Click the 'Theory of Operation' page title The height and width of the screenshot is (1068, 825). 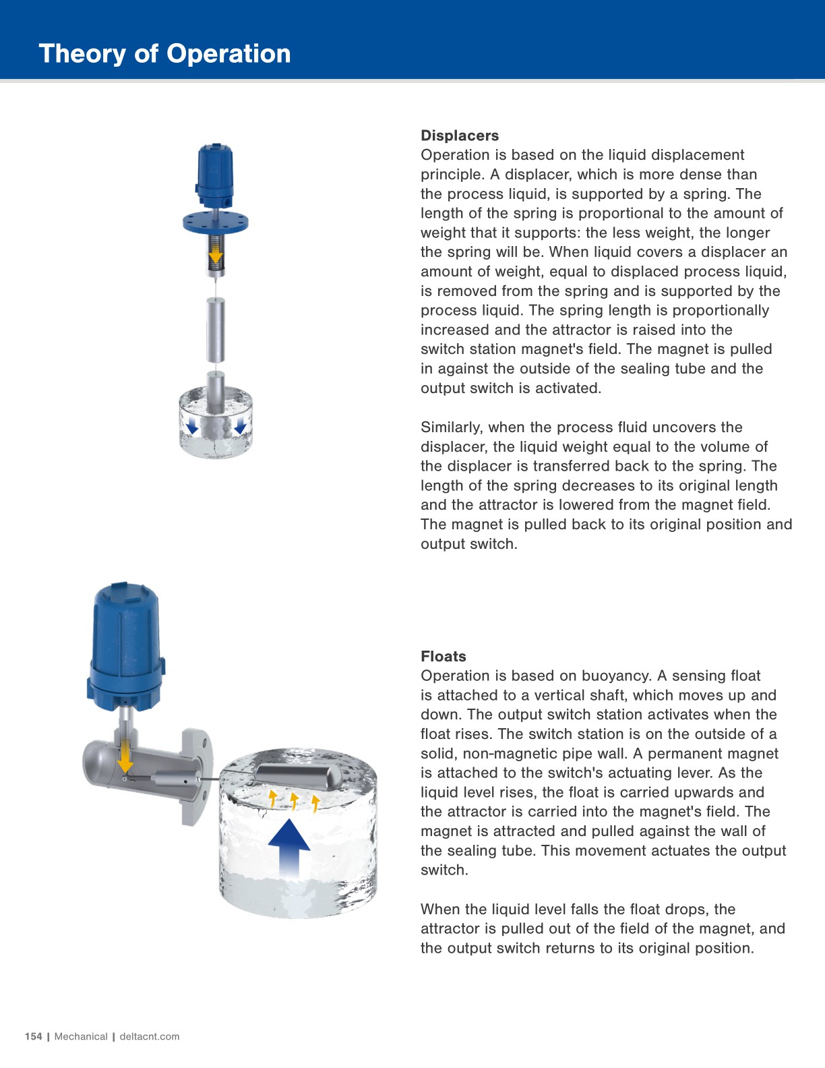[164, 53]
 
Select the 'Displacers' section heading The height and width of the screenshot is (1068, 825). [460, 136]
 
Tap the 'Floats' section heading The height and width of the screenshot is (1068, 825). [443, 656]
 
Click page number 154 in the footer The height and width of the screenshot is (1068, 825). [33, 1036]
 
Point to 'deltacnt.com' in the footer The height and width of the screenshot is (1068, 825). [150, 1036]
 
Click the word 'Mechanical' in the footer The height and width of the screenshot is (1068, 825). [81, 1036]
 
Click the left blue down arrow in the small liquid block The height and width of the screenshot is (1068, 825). [192, 425]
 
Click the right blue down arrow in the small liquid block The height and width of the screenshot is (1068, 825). [239, 425]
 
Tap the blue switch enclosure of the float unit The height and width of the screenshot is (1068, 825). [126, 647]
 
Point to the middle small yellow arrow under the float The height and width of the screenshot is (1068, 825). [294, 800]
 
